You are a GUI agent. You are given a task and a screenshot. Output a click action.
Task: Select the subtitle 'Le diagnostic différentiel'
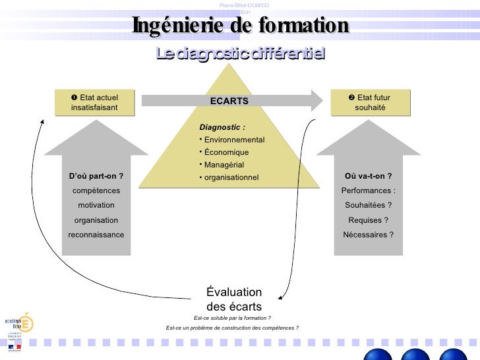click(x=240, y=53)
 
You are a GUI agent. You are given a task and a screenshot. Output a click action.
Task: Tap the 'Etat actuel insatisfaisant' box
click(x=94, y=103)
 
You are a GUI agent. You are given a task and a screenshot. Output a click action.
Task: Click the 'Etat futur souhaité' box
click(x=370, y=103)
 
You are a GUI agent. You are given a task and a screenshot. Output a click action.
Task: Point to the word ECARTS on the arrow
click(x=229, y=101)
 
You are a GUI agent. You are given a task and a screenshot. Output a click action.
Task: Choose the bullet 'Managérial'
click(x=224, y=165)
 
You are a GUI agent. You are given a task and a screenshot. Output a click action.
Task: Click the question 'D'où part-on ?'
click(x=96, y=176)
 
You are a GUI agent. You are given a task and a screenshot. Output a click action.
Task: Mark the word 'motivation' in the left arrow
click(x=96, y=205)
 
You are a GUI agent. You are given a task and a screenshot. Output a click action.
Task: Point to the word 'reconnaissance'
click(x=96, y=235)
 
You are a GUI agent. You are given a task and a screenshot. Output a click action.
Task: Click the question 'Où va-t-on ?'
click(x=369, y=176)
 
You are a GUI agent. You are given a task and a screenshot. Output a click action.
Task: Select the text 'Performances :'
click(x=369, y=191)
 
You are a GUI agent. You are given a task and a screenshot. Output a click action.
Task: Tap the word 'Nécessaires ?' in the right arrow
click(x=369, y=235)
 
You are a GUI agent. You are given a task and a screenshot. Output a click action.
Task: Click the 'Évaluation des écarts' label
click(x=234, y=299)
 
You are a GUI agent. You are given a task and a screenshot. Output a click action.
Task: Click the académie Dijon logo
click(x=19, y=326)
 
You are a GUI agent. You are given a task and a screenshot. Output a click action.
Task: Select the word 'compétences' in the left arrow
click(x=96, y=191)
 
